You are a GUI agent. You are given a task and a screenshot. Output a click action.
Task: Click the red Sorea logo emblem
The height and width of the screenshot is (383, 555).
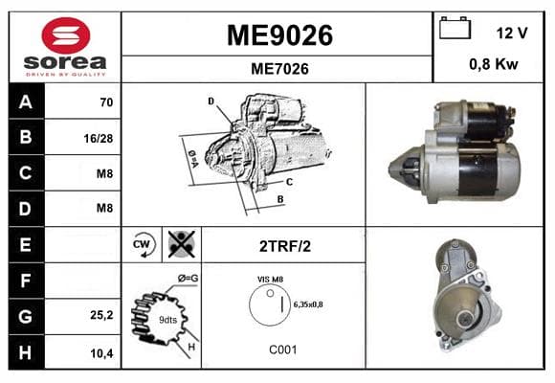coord(66,35)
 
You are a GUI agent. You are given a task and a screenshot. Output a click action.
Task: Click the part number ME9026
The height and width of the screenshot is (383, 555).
coord(279,35)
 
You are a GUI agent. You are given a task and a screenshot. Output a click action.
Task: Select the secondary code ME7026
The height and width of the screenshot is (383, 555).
coord(279,69)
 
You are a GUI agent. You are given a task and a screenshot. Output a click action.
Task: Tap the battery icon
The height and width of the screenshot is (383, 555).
coord(455,28)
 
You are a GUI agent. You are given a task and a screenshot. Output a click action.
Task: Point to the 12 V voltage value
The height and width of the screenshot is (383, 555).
coord(512,34)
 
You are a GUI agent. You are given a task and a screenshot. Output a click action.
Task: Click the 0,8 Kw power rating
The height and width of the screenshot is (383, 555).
coord(494,64)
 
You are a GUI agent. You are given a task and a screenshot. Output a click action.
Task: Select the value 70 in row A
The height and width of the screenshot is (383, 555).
coord(106,102)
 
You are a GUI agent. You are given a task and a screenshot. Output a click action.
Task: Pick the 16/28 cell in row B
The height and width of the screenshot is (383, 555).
coord(99,138)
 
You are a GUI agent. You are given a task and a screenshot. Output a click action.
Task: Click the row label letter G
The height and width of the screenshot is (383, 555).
coord(26,316)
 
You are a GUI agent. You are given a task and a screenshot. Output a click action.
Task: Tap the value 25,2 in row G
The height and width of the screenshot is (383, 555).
coord(101,315)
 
